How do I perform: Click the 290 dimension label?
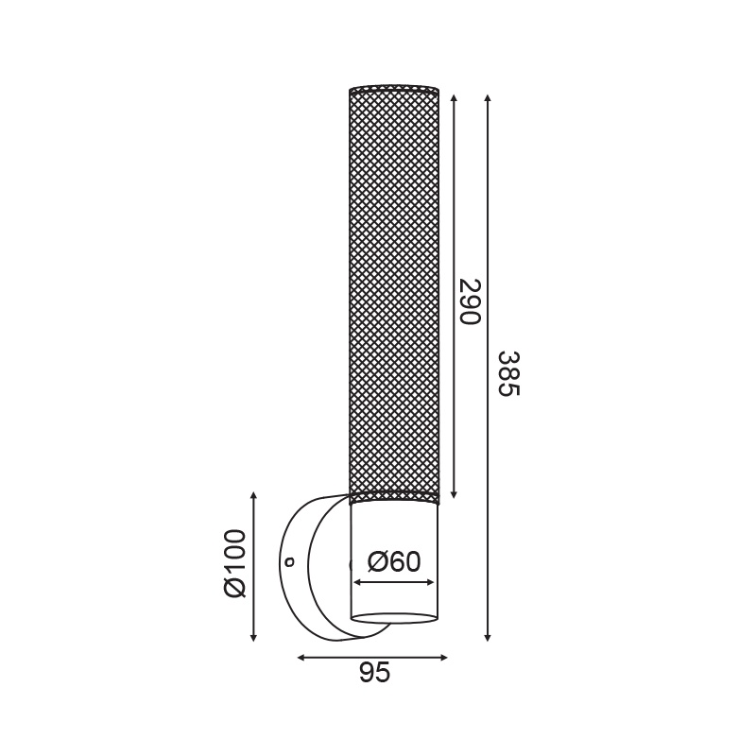[x=470, y=301]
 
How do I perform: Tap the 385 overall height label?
[x=508, y=373]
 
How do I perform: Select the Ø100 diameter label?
[x=235, y=563]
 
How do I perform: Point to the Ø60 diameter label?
[x=394, y=561]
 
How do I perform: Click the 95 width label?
[x=374, y=672]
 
